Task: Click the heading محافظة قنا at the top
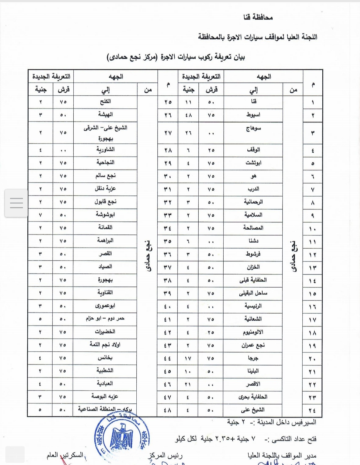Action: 258,17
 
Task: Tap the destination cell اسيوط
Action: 253,115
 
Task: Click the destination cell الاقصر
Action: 253,384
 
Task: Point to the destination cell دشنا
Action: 253,241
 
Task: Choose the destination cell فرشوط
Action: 253,254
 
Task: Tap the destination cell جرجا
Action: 253,358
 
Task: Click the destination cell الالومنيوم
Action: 253,332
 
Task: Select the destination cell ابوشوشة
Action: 105,215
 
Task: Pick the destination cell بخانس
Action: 105,358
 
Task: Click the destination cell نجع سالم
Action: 105,176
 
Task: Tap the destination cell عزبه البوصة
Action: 105,397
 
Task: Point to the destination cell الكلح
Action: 105,102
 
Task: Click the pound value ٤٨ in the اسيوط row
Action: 188,115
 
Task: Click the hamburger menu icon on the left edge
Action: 16,203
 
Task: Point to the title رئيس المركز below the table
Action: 165,455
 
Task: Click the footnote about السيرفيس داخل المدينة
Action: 272,423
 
